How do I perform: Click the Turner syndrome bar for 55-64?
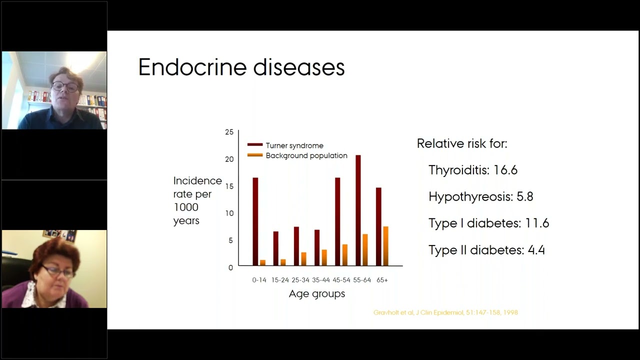coord(358,210)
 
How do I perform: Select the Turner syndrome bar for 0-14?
coord(255,221)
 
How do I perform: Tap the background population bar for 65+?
coord(385,245)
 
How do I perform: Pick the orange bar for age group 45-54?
coord(344,254)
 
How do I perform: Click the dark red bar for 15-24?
coord(275,248)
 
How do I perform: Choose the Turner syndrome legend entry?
coord(294,145)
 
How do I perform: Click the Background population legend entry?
coord(306,155)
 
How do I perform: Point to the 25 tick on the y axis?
coord(229,132)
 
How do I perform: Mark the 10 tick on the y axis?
coord(229,213)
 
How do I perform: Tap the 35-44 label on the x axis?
coord(321,280)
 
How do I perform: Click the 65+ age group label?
coord(382,280)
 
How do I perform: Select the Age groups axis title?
coord(317,294)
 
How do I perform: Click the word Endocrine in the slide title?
coord(193,67)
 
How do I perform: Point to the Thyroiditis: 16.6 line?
coord(472,170)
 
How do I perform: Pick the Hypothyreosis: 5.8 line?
coord(480,196)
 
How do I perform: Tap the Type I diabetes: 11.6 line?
coord(488,223)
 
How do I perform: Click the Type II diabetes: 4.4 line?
coord(486,250)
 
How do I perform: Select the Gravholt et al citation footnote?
coord(445,312)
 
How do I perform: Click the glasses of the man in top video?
coord(65,86)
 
